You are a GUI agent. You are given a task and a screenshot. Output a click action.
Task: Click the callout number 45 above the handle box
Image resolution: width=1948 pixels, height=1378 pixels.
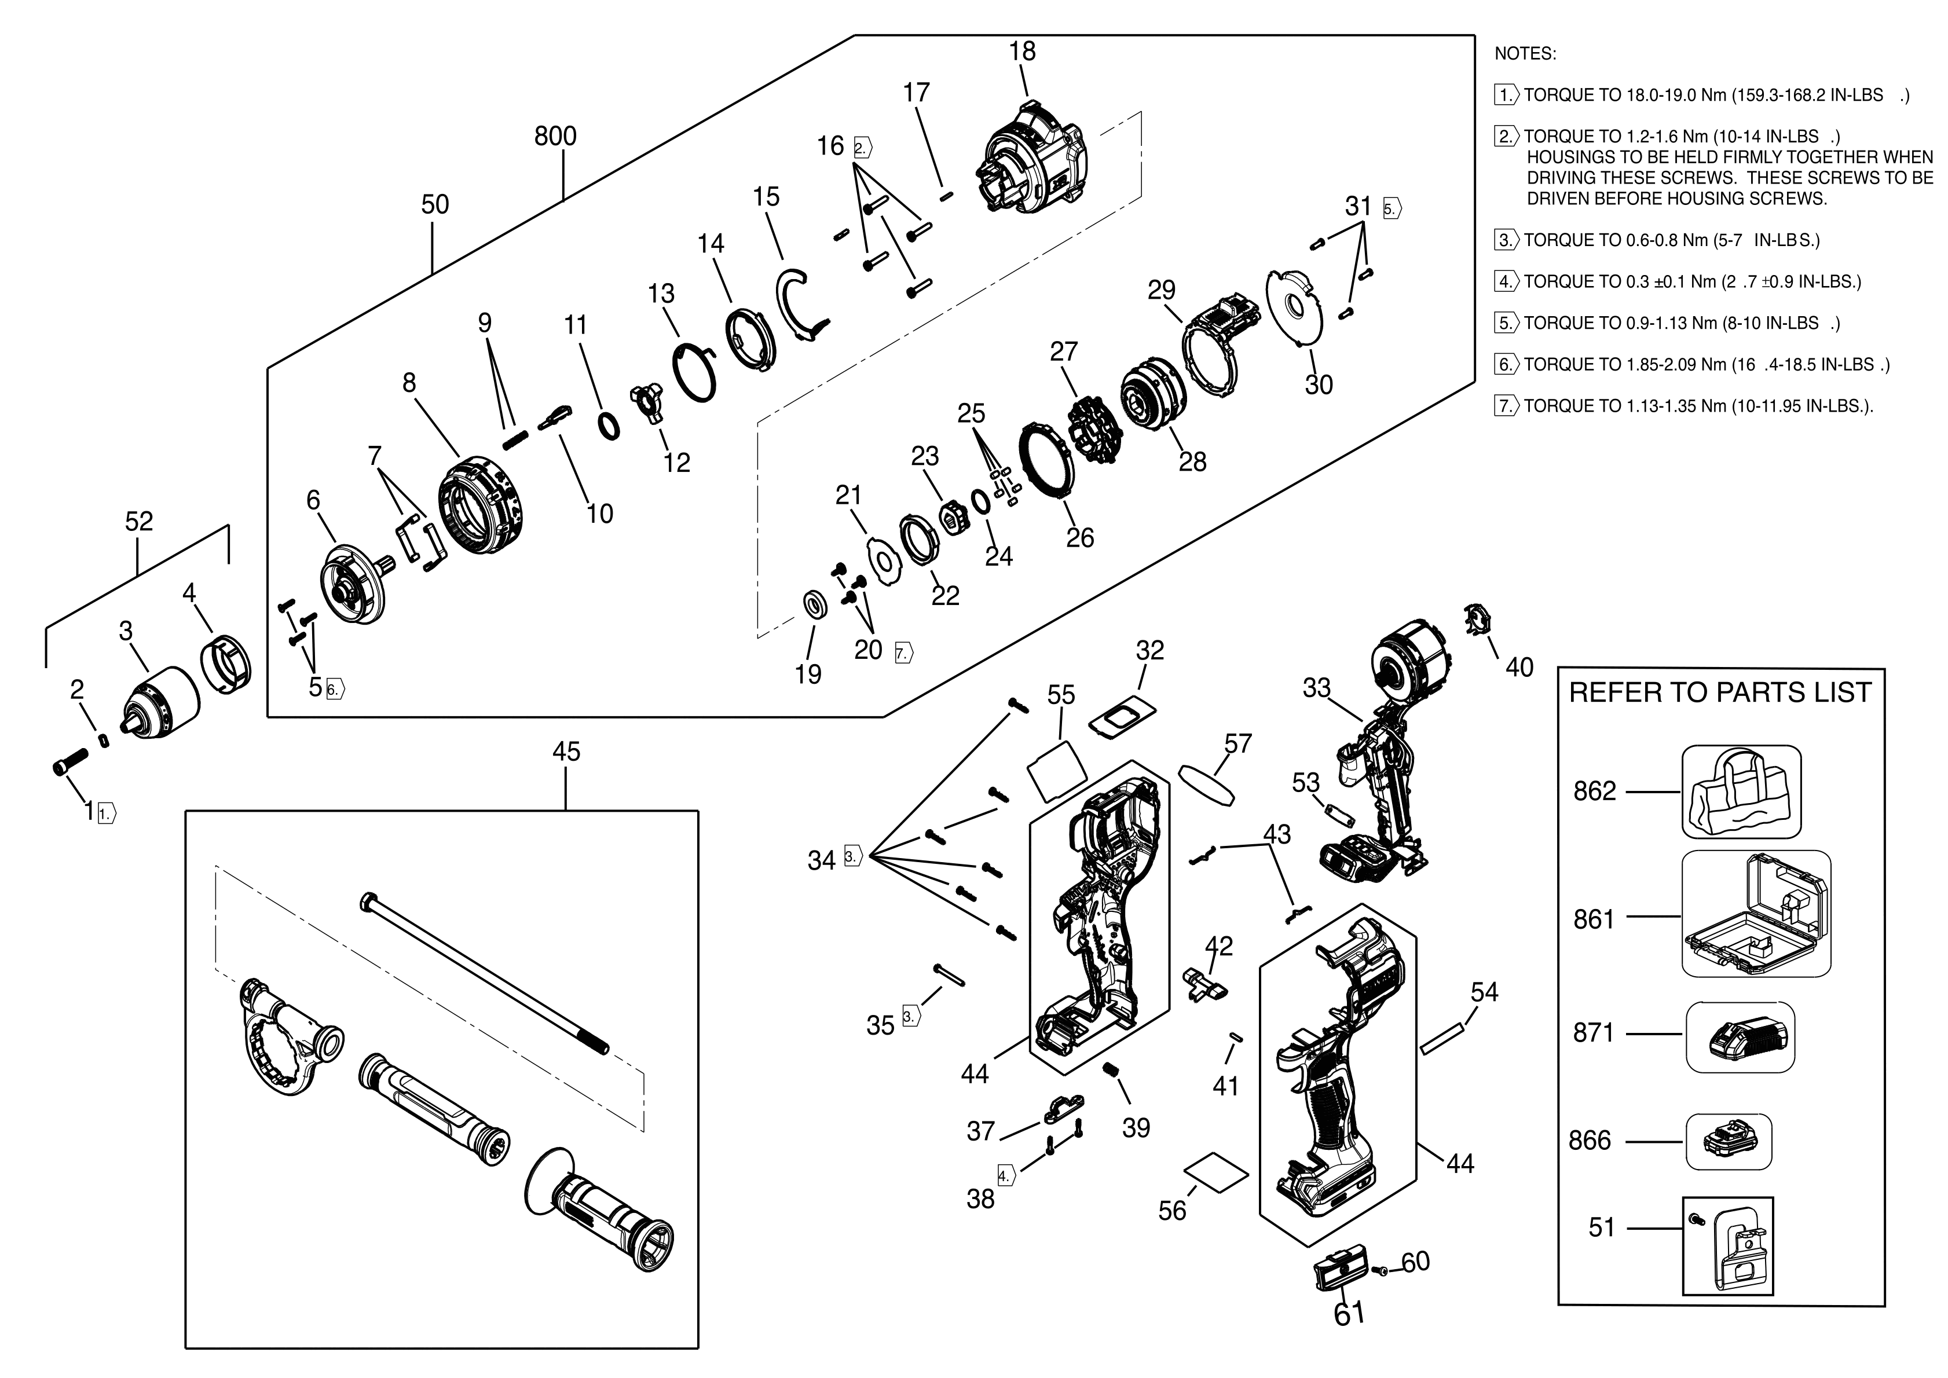(566, 752)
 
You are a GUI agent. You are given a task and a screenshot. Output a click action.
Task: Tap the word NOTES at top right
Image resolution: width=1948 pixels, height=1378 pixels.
(1525, 54)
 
